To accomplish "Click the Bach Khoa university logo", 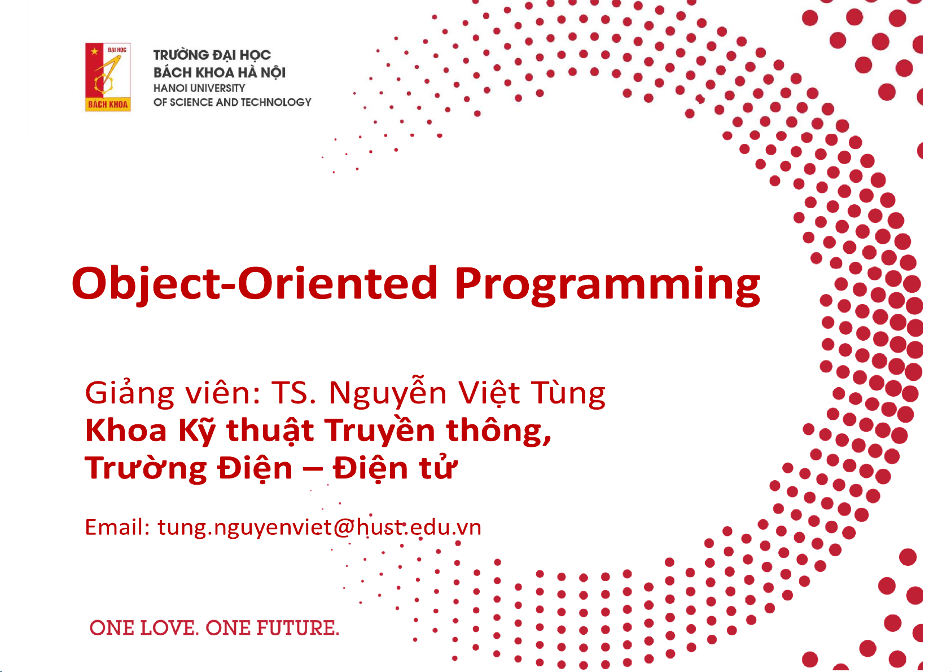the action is (108, 77).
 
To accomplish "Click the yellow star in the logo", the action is (94, 52).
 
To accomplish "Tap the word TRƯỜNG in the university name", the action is (181, 55).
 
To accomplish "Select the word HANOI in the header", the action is (169, 88).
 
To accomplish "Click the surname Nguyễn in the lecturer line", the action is (388, 393).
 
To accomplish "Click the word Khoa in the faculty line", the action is (126, 431).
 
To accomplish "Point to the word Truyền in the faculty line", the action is (380, 431).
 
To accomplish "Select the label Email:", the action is (117, 527).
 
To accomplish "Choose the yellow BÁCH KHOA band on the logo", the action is (108, 104).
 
